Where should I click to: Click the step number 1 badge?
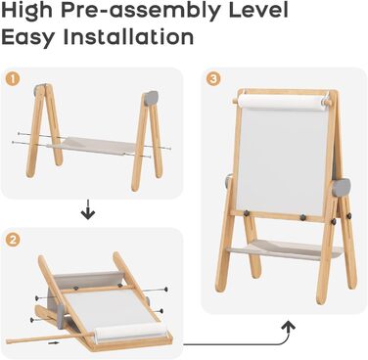14,78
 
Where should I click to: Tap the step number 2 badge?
13,240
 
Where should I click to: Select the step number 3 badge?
213,78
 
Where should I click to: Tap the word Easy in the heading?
28,37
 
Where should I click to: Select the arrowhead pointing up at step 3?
288,326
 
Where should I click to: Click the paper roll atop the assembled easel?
283,102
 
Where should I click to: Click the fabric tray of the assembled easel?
284,248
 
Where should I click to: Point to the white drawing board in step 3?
281,159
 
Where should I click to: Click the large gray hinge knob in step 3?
342,188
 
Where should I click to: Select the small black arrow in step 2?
54,342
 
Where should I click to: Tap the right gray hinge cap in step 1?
151,98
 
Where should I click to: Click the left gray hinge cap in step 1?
41,89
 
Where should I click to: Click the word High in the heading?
27,11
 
